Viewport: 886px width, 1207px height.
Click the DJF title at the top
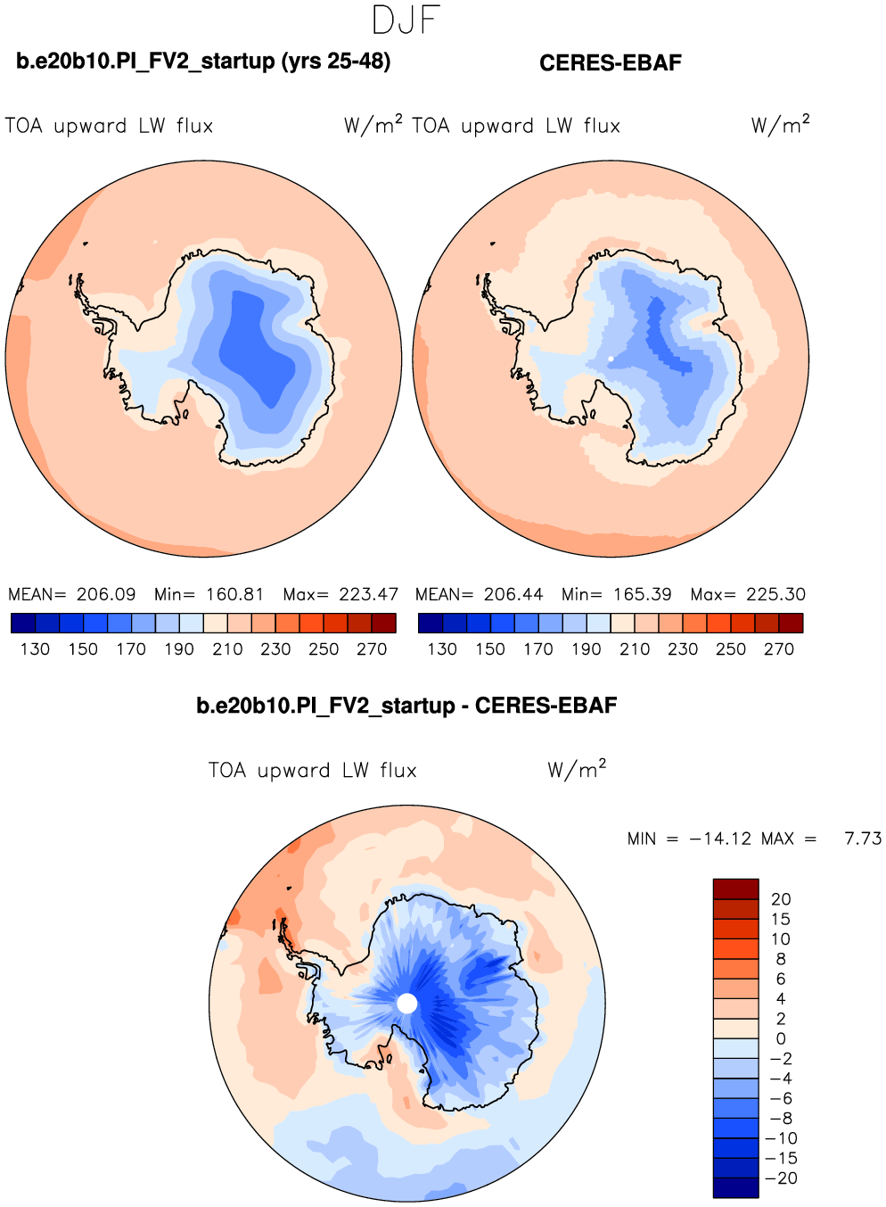pyautogui.click(x=406, y=21)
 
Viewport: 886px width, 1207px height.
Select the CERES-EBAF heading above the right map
pyautogui.click(x=611, y=63)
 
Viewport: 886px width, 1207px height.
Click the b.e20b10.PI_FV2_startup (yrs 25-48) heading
pyautogui.click(x=203, y=62)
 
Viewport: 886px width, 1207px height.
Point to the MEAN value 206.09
pyautogui.click(x=106, y=595)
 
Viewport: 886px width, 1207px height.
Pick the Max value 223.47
pyautogui.click(x=368, y=595)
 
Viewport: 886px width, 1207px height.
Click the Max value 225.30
pyautogui.click(x=775, y=595)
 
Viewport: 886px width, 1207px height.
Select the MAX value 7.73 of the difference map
pyautogui.click(x=863, y=839)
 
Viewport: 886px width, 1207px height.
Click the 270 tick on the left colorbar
pyautogui.click(x=372, y=649)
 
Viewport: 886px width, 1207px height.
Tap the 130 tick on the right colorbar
pyautogui.click(x=442, y=649)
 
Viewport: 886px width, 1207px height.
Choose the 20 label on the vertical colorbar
pyautogui.click(x=781, y=899)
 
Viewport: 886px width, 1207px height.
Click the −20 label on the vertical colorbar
pyautogui.click(x=781, y=1178)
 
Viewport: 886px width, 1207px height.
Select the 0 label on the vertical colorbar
pyautogui.click(x=781, y=1039)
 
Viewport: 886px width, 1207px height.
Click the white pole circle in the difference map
pyautogui.click(x=406, y=1004)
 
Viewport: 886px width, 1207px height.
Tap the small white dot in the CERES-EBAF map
pyautogui.click(x=611, y=359)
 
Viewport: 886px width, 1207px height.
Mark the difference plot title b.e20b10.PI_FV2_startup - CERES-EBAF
pyautogui.click(x=406, y=707)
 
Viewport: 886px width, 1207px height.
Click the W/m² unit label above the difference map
pyautogui.click(x=577, y=769)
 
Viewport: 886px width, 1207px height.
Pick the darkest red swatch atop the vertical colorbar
pyautogui.click(x=735, y=889)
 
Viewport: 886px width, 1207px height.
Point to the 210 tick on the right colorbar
pyautogui.click(x=635, y=649)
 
